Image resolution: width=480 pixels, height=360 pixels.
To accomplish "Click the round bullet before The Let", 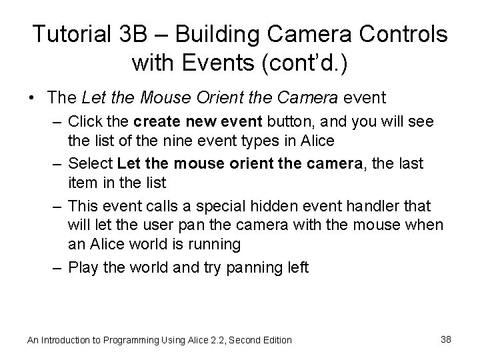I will (33, 99).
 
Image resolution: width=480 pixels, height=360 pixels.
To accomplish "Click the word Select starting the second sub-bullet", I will (90, 163).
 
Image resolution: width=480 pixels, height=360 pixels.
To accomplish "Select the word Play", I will (83, 267).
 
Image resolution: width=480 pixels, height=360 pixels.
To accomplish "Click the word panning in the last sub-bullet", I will (258, 268).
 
